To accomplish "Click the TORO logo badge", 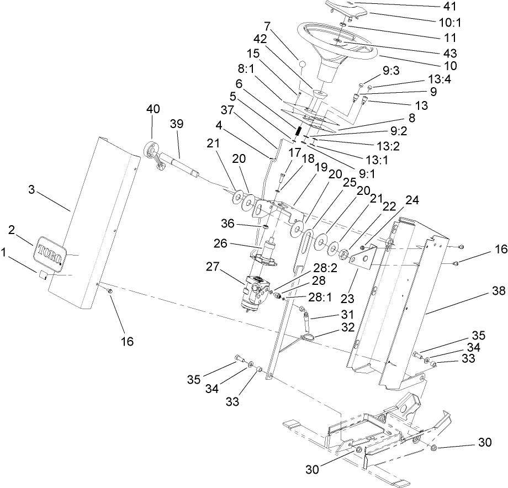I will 51,251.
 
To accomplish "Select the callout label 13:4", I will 439,79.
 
